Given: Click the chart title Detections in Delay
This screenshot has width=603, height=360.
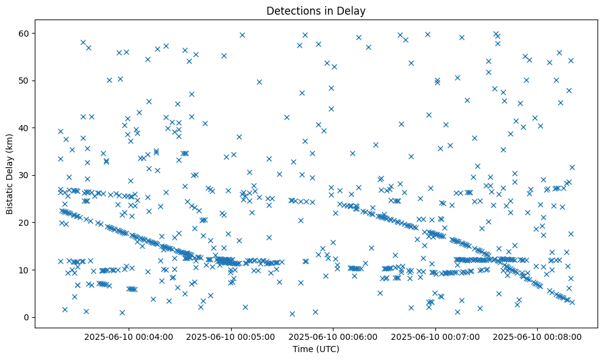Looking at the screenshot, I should (316, 10).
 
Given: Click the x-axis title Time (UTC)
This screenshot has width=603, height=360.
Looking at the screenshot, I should (316, 350).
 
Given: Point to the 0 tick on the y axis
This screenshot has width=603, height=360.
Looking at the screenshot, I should (27, 317).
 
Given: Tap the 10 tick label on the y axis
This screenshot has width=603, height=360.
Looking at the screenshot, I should (25, 270).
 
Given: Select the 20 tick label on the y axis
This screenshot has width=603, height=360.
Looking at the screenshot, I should (25, 223).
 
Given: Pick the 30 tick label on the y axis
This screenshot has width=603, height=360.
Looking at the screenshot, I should (25, 175).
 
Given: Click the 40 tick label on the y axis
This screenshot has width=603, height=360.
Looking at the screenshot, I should (25, 128).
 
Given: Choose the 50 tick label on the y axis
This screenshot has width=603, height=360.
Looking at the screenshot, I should (25, 81).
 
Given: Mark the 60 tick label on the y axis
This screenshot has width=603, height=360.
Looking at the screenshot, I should (25, 33).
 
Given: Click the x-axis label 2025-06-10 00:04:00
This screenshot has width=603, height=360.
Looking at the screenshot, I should (129, 336).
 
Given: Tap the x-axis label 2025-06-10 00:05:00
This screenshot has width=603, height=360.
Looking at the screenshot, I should (231, 336).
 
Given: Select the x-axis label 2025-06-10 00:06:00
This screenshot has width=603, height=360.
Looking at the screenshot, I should (334, 336).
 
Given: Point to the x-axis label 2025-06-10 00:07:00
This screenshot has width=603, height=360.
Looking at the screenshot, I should (435, 336).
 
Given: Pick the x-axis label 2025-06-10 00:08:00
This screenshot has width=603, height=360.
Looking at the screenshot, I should (537, 336).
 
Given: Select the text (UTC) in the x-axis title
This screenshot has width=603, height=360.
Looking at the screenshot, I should (327, 350).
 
